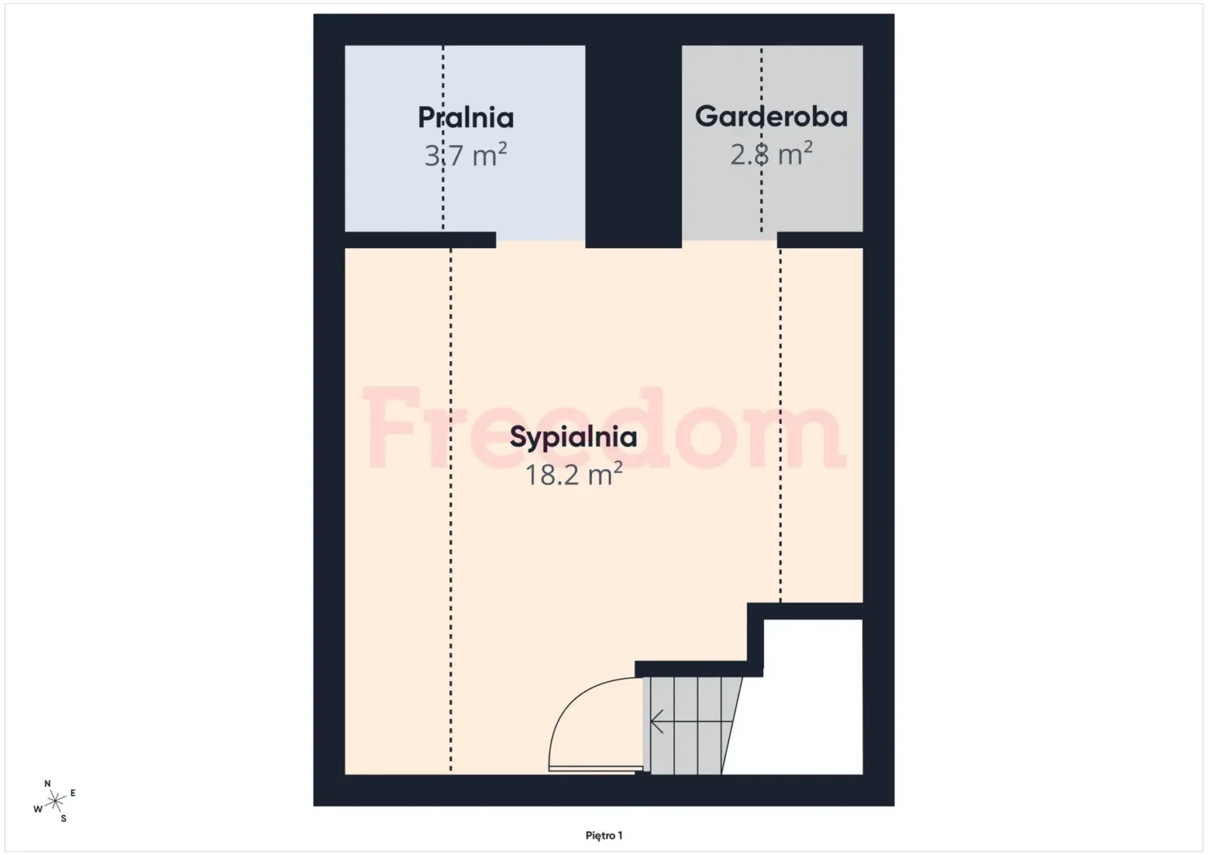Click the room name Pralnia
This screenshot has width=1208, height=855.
466,118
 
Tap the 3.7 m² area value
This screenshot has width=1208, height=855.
465,155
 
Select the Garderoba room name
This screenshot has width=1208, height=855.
771,116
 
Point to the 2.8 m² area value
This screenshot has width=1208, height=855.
771,153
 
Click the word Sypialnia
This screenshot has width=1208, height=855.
573,438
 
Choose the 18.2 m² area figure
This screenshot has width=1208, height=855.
574,475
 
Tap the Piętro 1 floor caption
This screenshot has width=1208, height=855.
604,835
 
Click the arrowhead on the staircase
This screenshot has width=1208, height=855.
657,722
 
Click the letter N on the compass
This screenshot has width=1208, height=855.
48,784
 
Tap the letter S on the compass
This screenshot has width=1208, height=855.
63,819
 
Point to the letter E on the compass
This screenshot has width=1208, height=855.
73,794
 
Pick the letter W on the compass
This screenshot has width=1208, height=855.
38,809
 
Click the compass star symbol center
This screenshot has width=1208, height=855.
56,801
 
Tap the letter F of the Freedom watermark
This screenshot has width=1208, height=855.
391,426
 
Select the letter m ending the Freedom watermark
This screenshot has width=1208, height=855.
798,437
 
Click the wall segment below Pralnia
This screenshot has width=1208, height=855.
420,240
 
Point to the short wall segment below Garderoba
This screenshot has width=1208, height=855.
820,240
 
